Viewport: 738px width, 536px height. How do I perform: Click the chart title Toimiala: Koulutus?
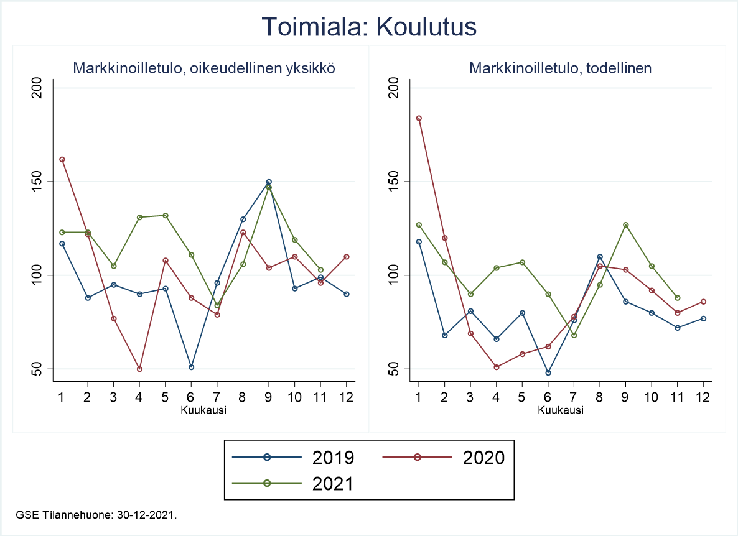point(369,27)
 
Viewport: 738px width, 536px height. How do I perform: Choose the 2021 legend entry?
point(293,483)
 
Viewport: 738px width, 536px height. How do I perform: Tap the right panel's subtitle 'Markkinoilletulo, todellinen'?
point(561,68)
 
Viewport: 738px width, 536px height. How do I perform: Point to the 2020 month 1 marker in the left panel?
point(62,159)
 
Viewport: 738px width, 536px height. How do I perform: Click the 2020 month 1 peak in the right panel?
point(419,118)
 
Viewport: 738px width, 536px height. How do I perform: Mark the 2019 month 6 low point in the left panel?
point(191,367)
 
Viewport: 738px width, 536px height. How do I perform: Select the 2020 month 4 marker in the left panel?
point(139,369)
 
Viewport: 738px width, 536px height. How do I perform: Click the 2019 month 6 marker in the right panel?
point(548,372)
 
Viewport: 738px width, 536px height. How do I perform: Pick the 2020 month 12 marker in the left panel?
point(347,257)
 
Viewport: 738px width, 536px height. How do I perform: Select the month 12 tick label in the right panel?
point(703,397)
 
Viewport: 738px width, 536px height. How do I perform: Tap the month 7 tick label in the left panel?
point(217,397)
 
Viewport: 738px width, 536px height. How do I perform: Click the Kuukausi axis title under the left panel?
point(204,410)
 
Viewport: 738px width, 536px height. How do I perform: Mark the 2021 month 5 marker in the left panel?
point(166,215)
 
